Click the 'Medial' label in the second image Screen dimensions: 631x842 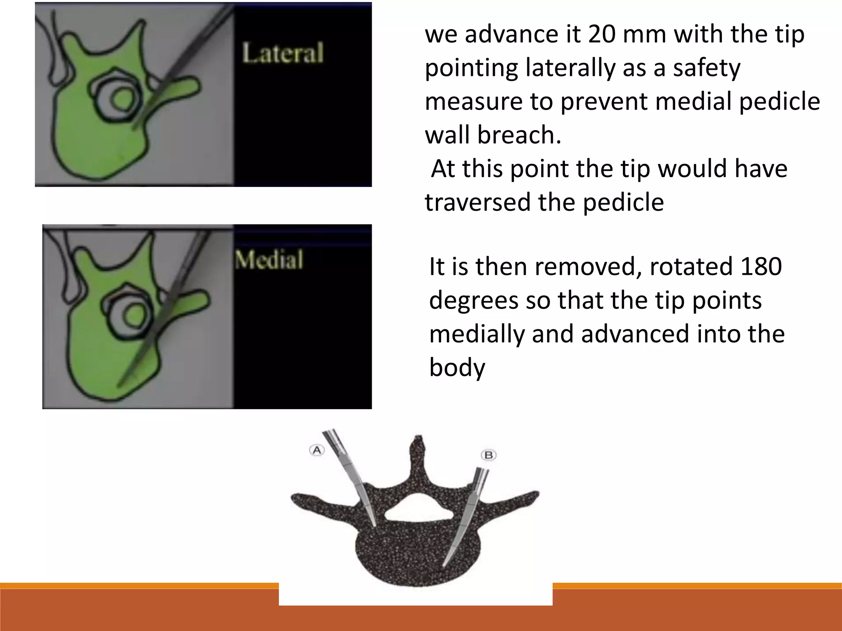click(x=269, y=260)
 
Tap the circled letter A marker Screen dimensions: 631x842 click(x=317, y=450)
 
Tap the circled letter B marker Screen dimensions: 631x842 click(x=488, y=455)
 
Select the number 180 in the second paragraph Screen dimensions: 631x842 click(x=761, y=266)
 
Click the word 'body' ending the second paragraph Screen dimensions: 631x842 click(x=457, y=367)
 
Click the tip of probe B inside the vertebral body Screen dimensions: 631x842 click(x=444, y=564)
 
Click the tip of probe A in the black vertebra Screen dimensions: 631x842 click(x=375, y=525)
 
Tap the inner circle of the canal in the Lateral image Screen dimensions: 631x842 click(x=122, y=99)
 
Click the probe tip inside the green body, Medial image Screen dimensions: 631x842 click(x=119, y=385)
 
